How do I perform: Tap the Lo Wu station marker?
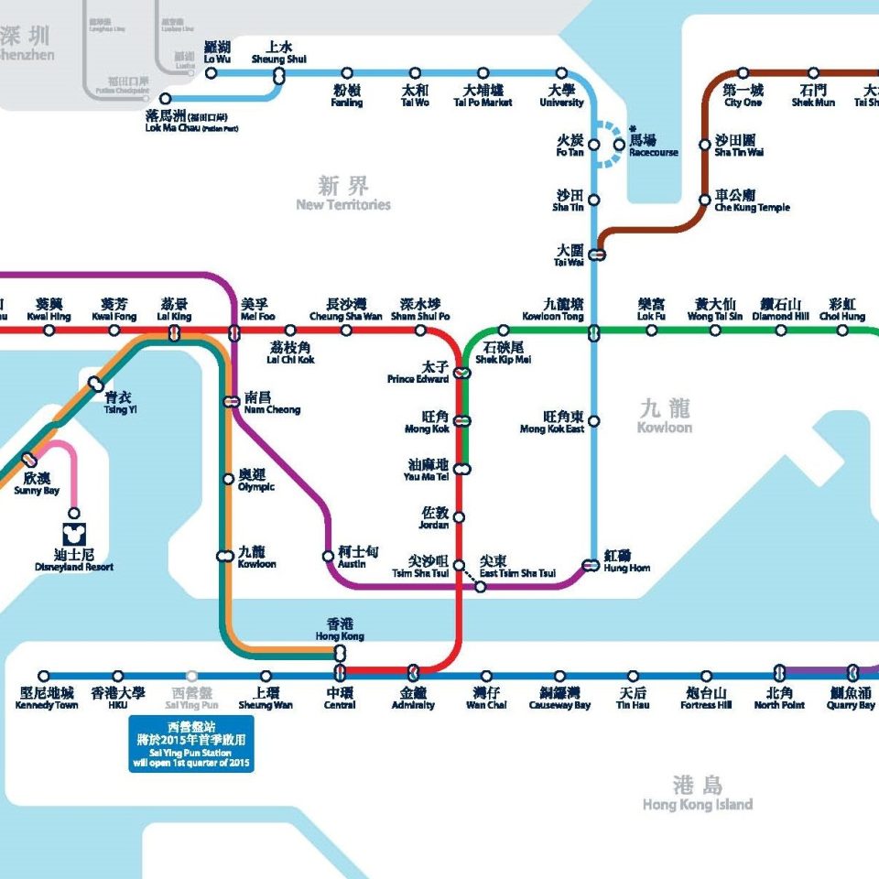pyautogui.click(x=212, y=73)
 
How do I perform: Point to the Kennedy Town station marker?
pyautogui.click(x=44, y=676)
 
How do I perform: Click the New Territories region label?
pyautogui.click(x=343, y=194)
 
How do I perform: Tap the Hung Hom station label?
pyautogui.click(x=627, y=561)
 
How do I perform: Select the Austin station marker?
pyautogui.click(x=328, y=556)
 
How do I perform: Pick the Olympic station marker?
pyautogui.click(x=228, y=478)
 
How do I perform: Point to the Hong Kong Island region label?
pyautogui.click(x=697, y=794)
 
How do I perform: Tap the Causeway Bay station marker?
pyautogui.click(x=559, y=676)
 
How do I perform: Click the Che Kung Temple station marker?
pyautogui.click(x=704, y=200)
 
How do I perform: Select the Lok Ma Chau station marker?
pyautogui.click(x=165, y=99)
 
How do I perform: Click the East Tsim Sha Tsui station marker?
pyautogui.click(x=480, y=586)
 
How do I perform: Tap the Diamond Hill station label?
pyautogui.click(x=780, y=309)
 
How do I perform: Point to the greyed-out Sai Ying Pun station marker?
pyautogui.click(x=191, y=676)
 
